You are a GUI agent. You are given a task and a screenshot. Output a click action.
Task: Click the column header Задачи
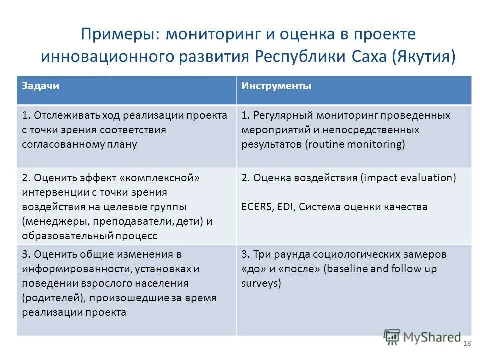[x=40, y=86]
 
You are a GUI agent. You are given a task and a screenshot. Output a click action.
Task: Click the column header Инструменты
[x=276, y=86]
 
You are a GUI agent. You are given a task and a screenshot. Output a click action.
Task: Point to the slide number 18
[x=468, y=343]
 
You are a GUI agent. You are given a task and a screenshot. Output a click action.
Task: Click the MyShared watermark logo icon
[x=392, y=337]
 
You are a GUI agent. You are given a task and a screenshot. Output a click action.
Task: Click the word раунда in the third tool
[x=285, y=254]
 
